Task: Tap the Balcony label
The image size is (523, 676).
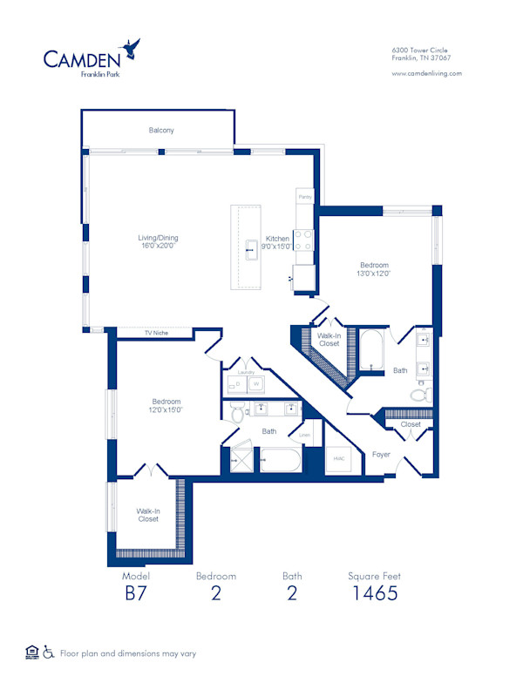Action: (x=160, y=131)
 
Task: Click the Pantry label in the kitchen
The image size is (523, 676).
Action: (x=304, y=198)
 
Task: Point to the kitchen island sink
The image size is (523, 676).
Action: (x=250, y=247)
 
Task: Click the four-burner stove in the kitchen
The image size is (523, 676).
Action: (x=304, y=240)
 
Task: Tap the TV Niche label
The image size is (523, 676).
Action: (x=156, y=333)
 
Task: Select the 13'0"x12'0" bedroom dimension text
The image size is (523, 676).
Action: (x=374, y=274)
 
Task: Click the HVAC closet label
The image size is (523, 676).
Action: (x=337, y=458)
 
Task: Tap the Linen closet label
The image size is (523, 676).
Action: (x=304, y=435)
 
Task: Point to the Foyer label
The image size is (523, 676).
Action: (x=381, y=454)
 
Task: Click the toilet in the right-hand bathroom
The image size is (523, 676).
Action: (x=419, y=395)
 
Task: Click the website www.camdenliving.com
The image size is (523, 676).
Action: (x=426, y=73)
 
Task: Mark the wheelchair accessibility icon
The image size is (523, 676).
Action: (x=50, y=652)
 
